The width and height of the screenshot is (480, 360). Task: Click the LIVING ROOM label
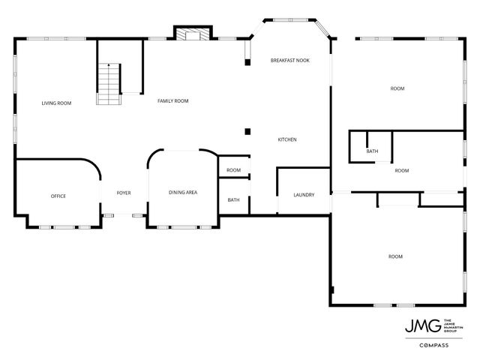[56, 103]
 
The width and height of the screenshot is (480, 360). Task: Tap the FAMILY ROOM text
[172, 100]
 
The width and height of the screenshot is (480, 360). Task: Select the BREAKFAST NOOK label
[289, 59]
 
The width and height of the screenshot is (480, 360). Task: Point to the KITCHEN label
[288, 139]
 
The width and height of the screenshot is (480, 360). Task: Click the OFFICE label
[58, 196]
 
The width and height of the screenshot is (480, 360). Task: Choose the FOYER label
[124, 193]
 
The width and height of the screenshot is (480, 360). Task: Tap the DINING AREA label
[183, 193]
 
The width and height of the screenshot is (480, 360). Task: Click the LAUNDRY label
[304, 195]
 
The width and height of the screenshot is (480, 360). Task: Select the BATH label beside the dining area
[234, 199]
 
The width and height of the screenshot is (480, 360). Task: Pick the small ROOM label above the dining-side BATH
[234, 170]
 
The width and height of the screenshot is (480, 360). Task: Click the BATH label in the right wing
[372, 151]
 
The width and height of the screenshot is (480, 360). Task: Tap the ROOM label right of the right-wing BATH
[402, 170]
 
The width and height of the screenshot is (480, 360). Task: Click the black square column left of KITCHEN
[247, 132]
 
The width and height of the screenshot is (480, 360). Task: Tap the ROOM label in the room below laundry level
[395, 256]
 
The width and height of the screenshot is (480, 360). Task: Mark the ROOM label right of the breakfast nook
[397, 88]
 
